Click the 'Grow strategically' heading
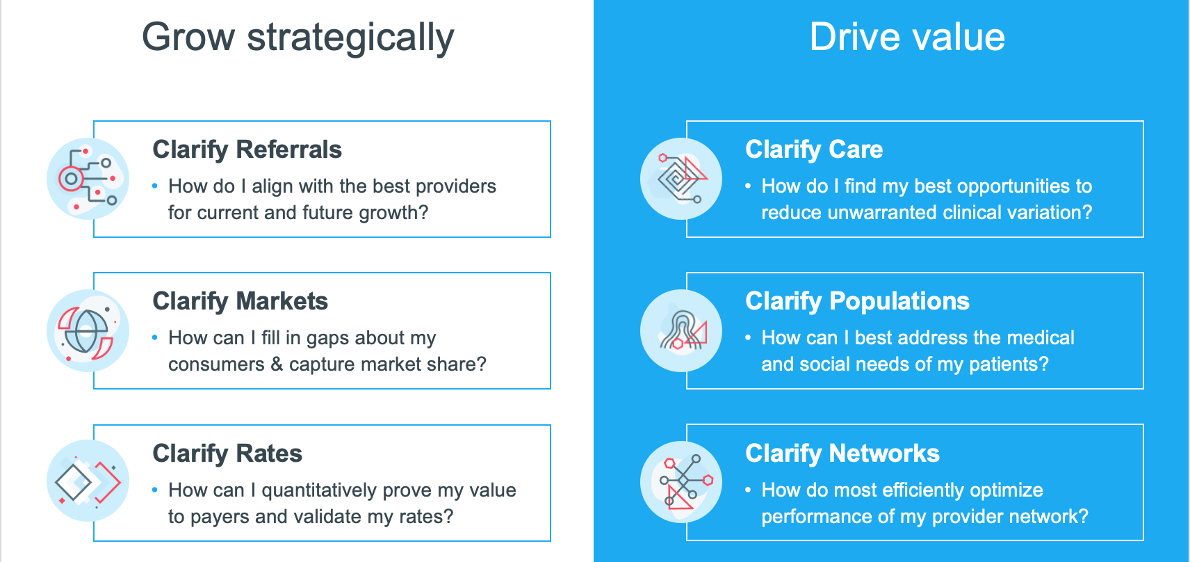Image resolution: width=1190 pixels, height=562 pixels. pos(297,38)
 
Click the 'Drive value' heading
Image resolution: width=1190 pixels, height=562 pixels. pos(906,38)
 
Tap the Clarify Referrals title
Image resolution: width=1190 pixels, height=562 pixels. pos(247,150)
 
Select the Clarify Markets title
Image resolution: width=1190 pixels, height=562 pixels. pos(240,301)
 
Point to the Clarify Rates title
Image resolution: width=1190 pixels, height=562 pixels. pos(227,453)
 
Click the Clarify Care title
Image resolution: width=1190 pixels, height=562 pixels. pos(813,150)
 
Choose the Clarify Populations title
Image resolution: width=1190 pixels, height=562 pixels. pos(856,301)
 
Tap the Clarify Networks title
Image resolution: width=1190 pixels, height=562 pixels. pos(842,453)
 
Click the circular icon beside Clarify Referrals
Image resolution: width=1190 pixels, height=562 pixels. pos(88,179)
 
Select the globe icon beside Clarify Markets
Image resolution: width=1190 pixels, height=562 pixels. pos(88,330)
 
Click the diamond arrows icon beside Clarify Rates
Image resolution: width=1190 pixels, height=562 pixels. pos(88,481)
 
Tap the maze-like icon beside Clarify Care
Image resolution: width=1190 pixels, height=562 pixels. pos(680,179)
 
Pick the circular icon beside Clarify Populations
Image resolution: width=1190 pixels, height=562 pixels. pos(680,330)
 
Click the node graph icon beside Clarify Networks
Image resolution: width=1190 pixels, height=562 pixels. pos(680,481)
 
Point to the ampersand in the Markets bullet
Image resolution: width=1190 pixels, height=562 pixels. pos(277,364)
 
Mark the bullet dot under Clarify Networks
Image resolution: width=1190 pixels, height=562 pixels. pos(748,490)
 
